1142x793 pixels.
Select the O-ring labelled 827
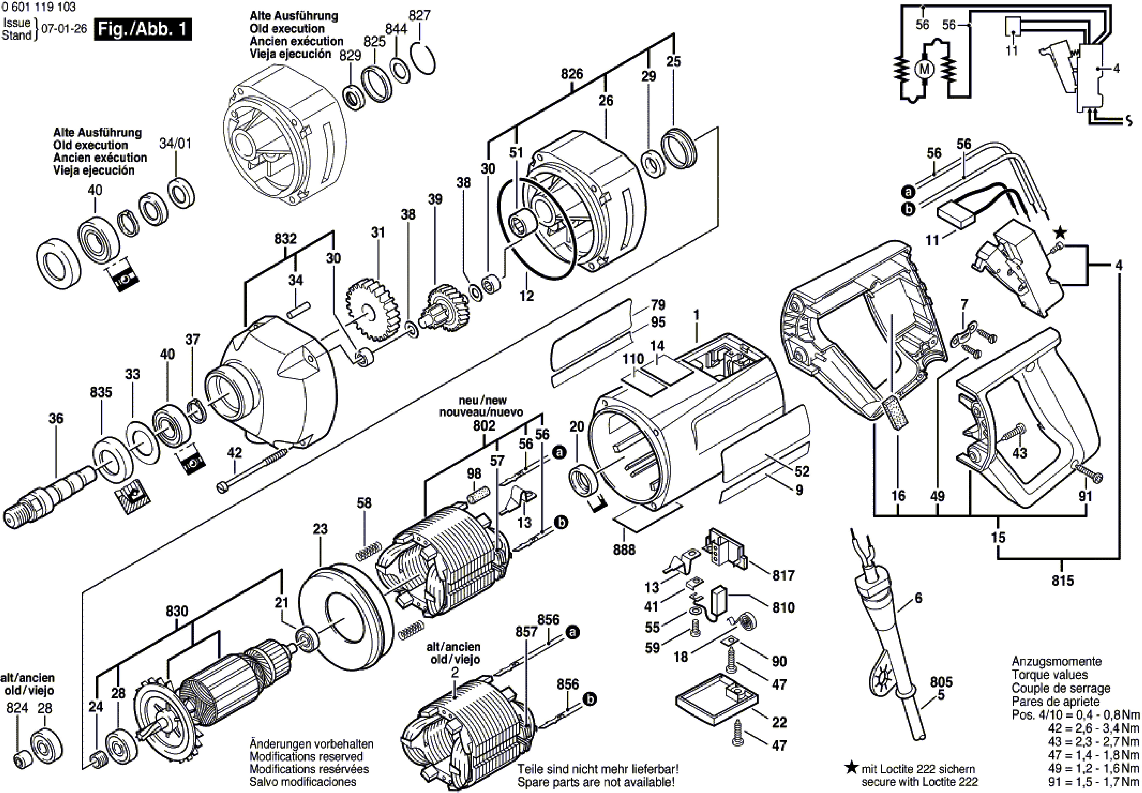423,58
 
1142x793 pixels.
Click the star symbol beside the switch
1060,232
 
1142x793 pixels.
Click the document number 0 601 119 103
39,7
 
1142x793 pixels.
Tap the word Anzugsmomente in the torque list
1049,661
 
